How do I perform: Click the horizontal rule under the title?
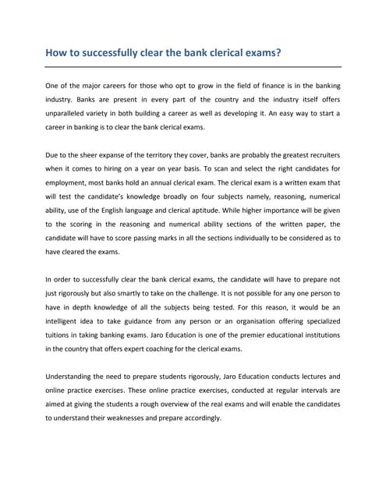pyautogui.click(x=193, y=67)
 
